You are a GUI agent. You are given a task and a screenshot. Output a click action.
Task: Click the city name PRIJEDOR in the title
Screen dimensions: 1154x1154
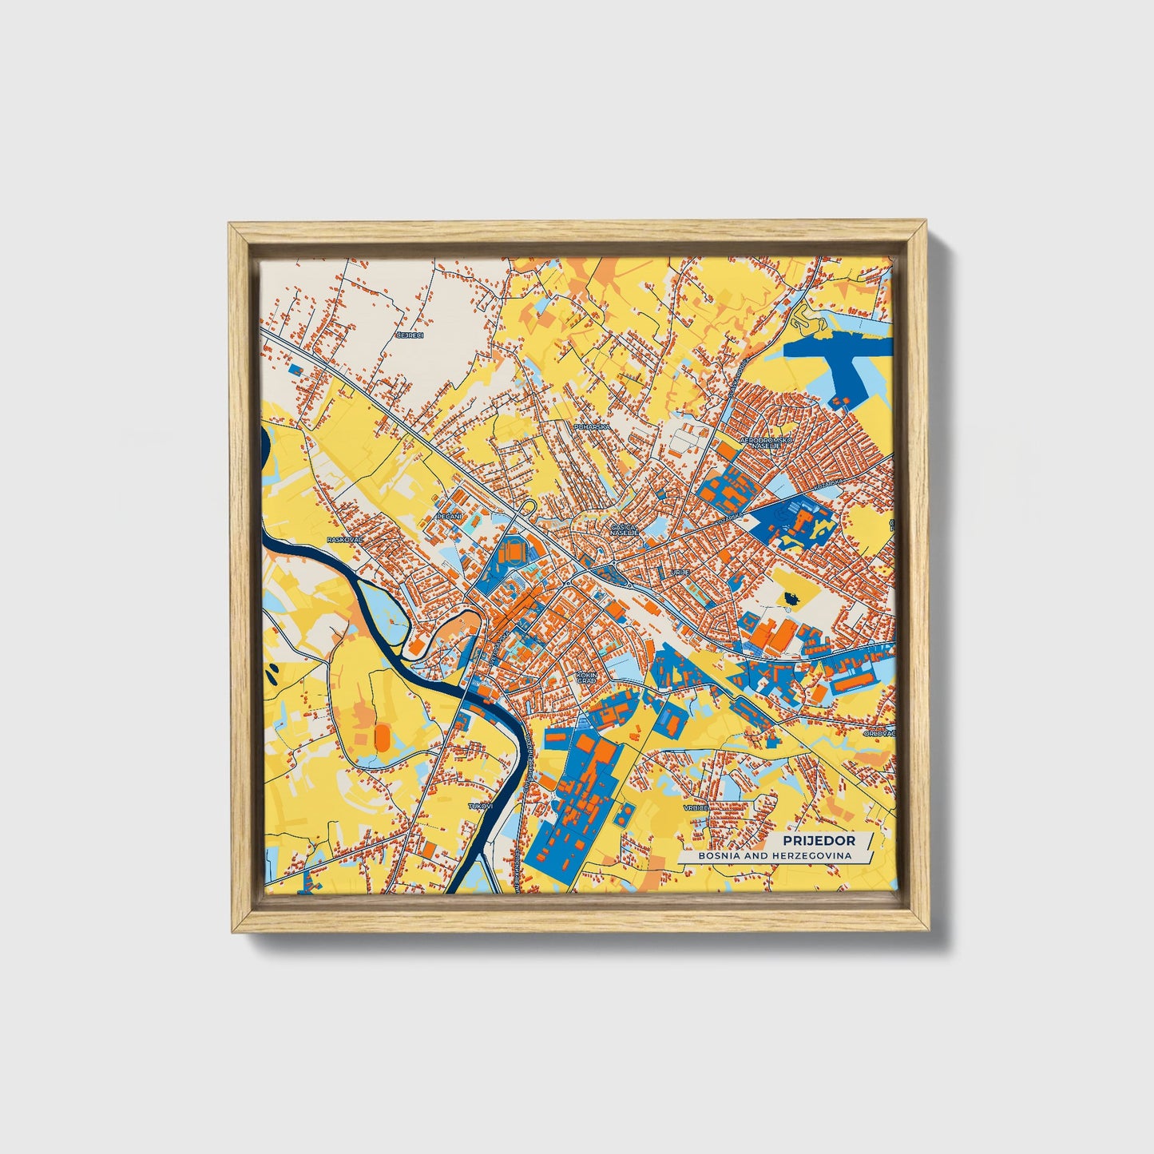tap(819, 841)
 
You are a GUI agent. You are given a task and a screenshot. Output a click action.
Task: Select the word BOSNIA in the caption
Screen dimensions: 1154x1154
tap(720, 855)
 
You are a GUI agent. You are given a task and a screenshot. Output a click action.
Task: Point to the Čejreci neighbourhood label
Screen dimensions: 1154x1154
tap(412, 335)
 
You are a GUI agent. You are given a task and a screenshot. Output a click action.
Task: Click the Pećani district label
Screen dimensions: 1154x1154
tap(446, 518)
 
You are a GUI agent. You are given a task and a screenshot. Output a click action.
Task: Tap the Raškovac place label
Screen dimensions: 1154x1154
tap(345, 540)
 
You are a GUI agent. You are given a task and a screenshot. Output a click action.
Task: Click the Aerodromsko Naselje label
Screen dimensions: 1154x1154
tap(765, 443)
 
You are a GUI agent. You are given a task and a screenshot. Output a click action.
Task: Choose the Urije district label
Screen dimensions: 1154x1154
tap(680, 573)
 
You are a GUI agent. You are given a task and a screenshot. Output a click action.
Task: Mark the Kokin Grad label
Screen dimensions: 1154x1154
tap(586, 677)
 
